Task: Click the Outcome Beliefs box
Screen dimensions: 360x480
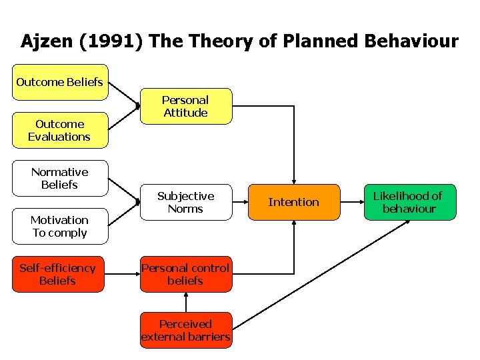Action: click(x=59, y=82)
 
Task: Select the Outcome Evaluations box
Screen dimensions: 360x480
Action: click(x=59, y=130)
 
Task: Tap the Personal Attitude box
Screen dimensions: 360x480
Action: click(x=185, y=106)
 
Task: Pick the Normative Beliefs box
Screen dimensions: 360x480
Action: click(x=59, y=178)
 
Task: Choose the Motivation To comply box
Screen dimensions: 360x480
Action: click(x=59, y=226)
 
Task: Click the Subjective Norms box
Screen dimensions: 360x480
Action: click(x=185, y=202)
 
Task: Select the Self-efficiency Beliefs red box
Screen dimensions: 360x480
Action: click(x=58, y=274)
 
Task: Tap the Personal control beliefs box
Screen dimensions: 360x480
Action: click(x=185, y=274)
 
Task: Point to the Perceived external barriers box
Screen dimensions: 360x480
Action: click(x=185, y=330)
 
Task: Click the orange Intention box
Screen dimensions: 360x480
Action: click(x=293, y=202)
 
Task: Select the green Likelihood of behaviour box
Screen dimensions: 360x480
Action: click(x=409, y=202)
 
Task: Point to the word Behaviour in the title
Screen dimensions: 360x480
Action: click(x=411, y=42)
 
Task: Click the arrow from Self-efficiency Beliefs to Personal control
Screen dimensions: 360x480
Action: click(x=122, y=274)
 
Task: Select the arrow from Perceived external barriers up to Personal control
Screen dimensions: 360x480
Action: click(x=185, y=302)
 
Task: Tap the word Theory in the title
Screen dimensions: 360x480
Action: click(x=218, y=42)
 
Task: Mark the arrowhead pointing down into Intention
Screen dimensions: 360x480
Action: click(x=293, y=179)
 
